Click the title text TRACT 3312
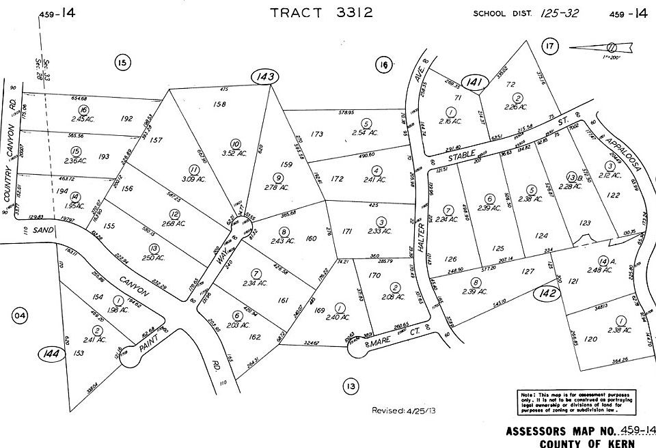(x=322, y=13)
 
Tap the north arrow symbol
(x=601, y=47)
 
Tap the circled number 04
(x=21, y=315)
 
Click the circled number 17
(x=549, y=46)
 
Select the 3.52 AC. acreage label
(x=236, y=153)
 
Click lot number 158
(x=219, y=104)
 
